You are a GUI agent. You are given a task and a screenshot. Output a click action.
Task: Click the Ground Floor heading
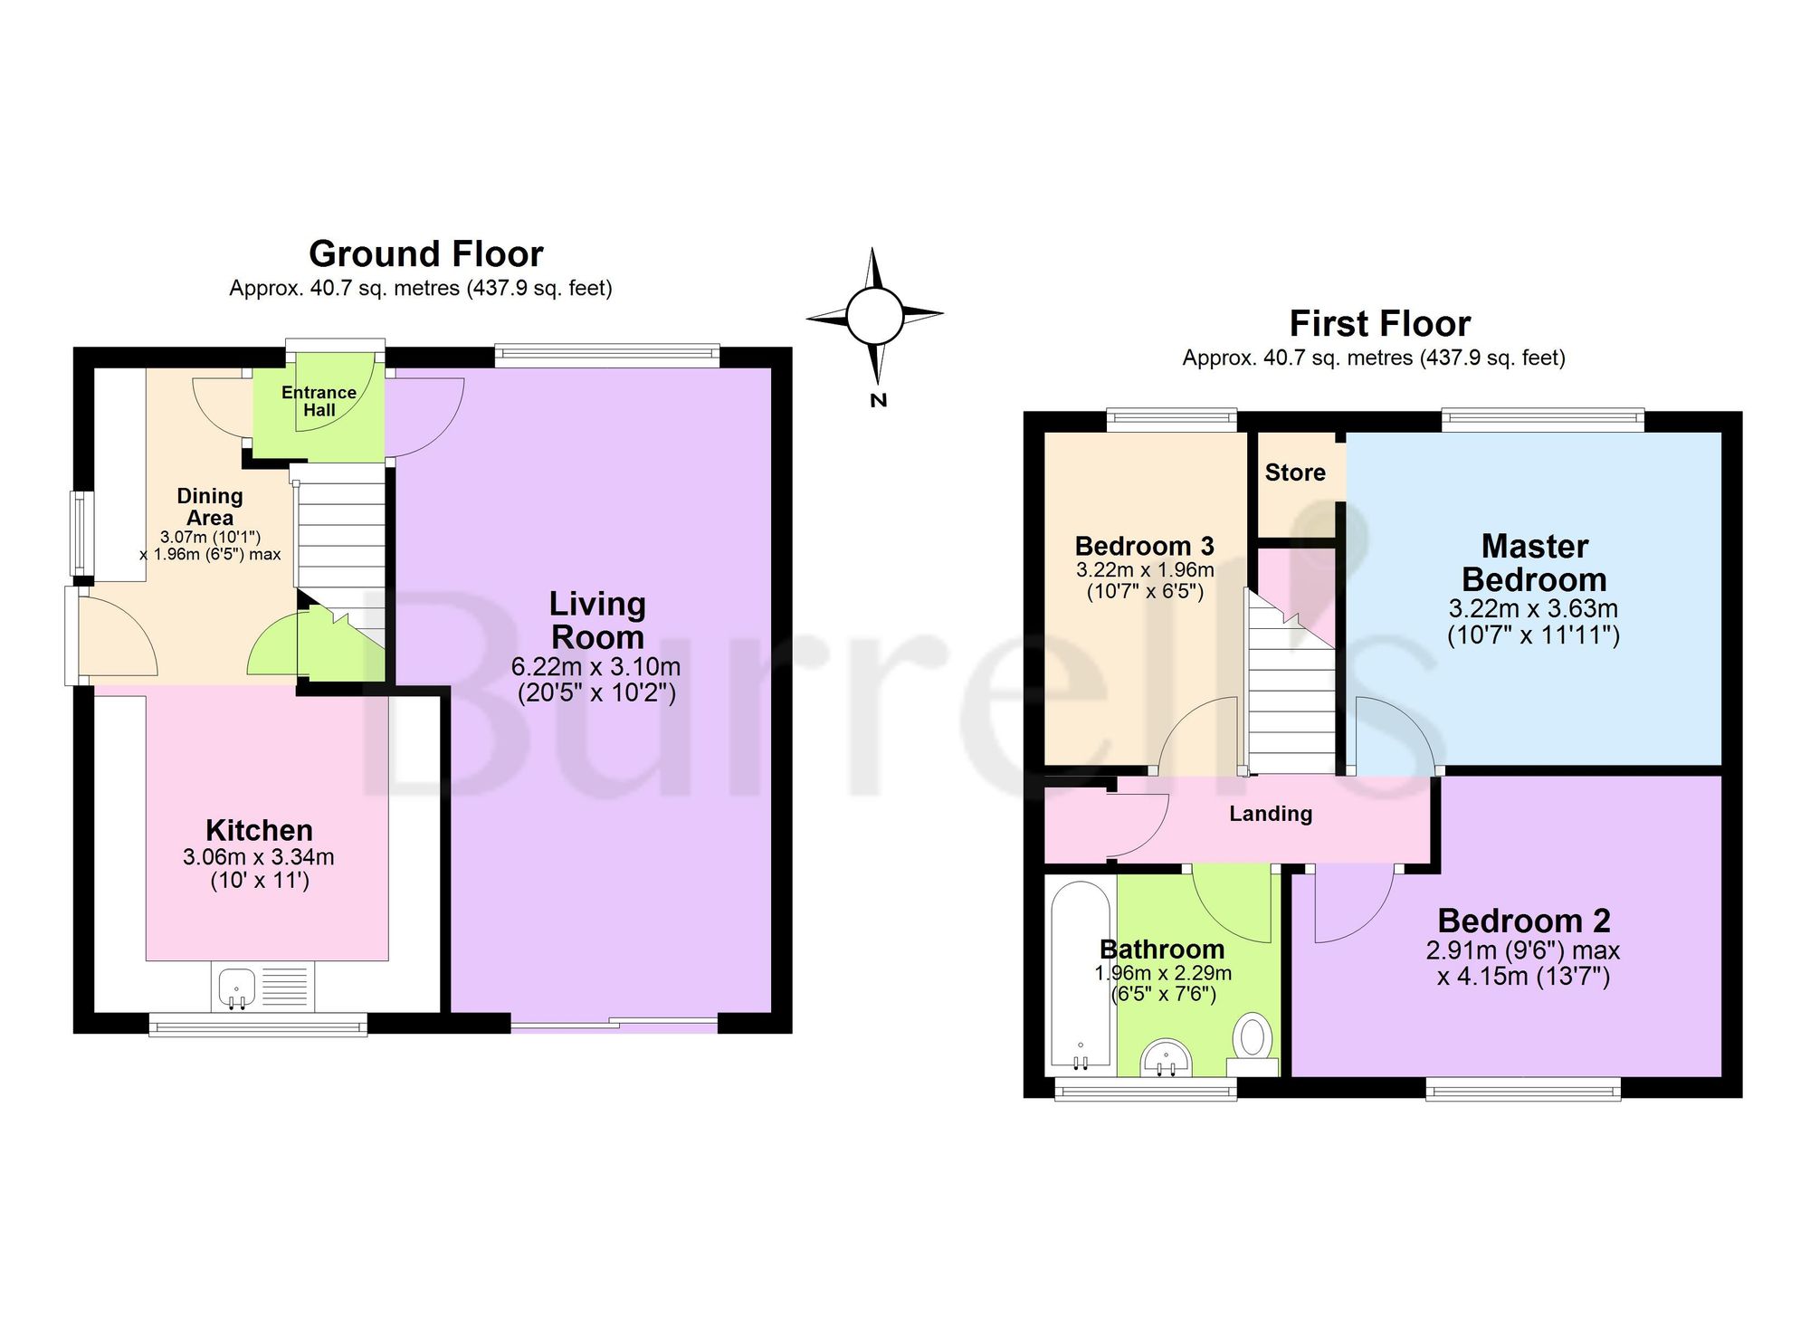coord(426,254)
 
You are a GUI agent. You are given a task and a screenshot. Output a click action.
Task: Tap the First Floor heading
coord(1380,324)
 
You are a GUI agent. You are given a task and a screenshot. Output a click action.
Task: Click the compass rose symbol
coord(874,316)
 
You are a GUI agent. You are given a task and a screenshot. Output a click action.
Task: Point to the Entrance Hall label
coord(319,401)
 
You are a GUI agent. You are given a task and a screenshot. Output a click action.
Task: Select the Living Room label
coord(597,620)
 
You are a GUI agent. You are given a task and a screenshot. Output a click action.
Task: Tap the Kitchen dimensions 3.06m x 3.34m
coord(259,856)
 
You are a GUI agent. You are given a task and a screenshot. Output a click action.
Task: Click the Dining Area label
coord(210,507)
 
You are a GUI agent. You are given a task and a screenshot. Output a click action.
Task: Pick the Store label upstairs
coord(1295,472)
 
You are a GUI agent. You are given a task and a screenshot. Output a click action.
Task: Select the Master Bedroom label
coord(1534,563)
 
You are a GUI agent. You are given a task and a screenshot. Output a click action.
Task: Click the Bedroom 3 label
coord(1144,546)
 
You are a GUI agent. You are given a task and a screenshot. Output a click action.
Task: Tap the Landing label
coord(1271,814)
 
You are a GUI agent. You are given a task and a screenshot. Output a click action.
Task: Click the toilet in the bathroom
coord(1253,1045)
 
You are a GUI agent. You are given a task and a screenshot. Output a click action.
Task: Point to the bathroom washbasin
coord(1167,1058)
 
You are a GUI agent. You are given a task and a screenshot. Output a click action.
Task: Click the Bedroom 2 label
coord(1524,921)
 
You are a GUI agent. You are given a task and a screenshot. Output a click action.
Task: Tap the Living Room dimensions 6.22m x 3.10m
coord(595,667)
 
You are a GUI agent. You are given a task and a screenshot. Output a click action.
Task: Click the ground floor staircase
coord(340,570)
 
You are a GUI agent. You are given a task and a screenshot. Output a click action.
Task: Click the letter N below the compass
coord(877,400)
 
